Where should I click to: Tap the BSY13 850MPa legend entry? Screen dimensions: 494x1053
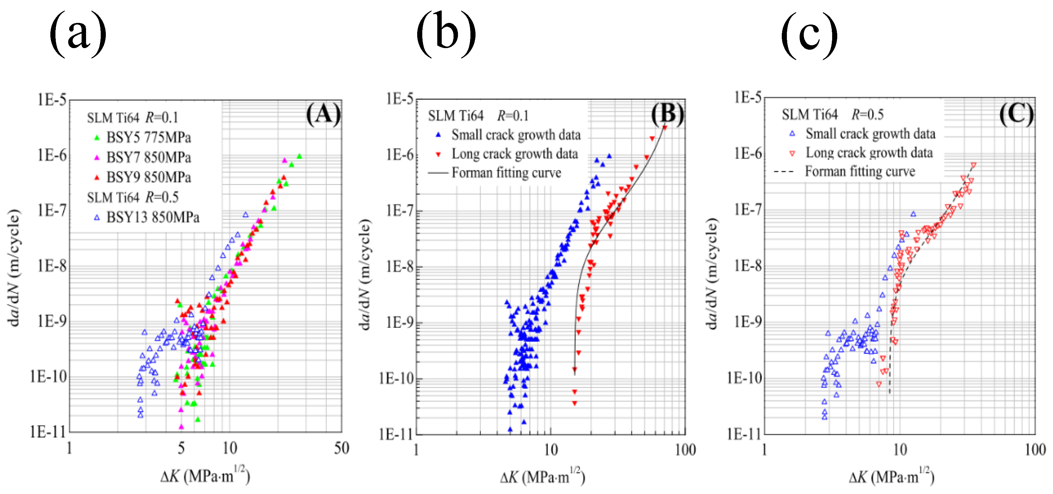[x=152, y=217]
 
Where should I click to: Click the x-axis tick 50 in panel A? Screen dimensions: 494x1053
[x=341, y=448]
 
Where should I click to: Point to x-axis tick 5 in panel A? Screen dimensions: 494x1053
[x=181, y=448]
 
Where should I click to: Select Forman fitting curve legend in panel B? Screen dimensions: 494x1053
[x=506, y=173]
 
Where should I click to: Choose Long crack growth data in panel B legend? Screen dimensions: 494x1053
[x=514, y=154]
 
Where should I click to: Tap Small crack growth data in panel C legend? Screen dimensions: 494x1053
[x=870, y=134]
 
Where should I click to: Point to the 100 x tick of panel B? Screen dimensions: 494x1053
[x=685, y=450]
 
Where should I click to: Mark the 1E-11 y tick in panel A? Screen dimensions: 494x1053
[x=47, y=432]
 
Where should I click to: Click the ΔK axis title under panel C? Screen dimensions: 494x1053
[x=891, y=476]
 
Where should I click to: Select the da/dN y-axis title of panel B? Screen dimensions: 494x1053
[x=365, y=274]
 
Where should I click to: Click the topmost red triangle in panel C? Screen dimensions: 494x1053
[x=973, y=165]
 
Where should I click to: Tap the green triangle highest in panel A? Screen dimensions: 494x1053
[x=299, y=156]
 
